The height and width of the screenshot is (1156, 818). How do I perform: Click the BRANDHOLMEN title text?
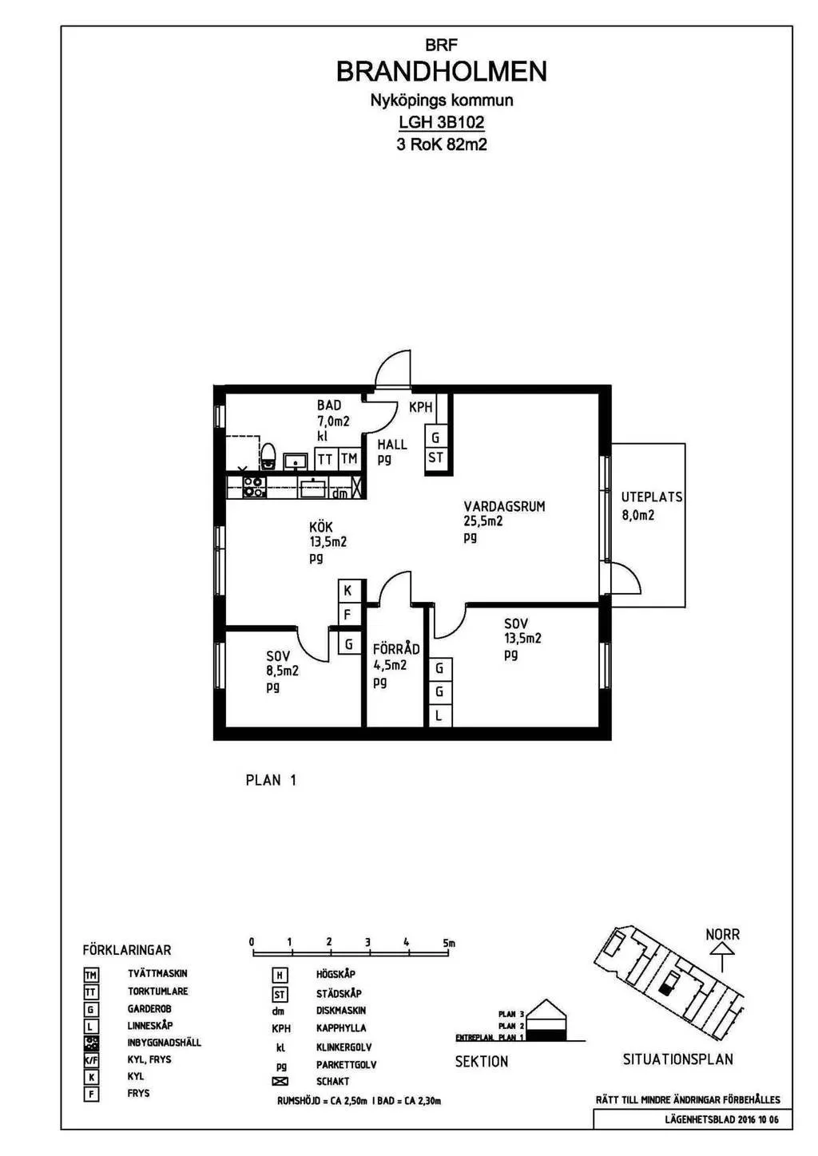pos(441,72)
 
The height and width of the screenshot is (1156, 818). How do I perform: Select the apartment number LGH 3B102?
pos(441,122)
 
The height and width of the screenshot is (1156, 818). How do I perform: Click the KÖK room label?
pos(321,527)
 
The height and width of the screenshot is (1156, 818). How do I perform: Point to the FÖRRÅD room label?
pos(396,649)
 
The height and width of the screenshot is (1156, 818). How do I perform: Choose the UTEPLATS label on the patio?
pos(652,497)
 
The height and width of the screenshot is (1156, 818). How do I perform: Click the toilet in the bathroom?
pos(268,456)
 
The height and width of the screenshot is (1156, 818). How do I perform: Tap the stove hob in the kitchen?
pos(254,487)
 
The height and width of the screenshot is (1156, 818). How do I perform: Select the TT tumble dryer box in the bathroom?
pos(325,459)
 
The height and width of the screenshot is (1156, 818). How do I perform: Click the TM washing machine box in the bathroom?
pos(349,459)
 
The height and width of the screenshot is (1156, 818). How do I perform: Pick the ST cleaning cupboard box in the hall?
pos(435,458)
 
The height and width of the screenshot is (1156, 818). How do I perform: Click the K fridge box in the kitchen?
pos(348,591)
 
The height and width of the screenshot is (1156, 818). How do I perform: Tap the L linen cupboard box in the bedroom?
pos(439,716)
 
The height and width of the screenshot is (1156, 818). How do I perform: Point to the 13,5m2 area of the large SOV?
pos(522,639)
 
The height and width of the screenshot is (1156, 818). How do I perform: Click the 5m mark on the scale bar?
pos(448,943)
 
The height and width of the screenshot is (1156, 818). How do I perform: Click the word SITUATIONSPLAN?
pos(677,1059)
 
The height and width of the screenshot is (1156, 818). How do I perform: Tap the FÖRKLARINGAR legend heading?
pos(127,950)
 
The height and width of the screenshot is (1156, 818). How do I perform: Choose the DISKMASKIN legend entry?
pos(341,1011)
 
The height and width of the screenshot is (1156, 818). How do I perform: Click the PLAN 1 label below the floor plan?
pos(271,780)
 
